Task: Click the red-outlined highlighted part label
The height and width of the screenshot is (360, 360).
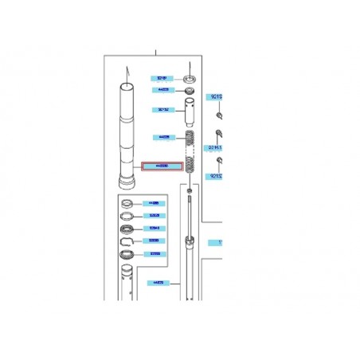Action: click(x=162, y=167)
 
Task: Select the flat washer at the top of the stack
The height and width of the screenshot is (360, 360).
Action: click(x=190, y=79)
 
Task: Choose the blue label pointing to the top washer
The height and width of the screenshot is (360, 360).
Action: click(x=162, y=78)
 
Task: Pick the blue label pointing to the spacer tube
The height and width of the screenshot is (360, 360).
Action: click(x=162, y=110)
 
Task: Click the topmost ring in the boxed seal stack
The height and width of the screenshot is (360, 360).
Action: click(x=127, y=204)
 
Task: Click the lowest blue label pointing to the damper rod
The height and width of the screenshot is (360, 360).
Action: click(x=158, y=283)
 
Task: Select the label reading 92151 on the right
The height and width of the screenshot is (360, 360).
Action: click(x=216, y=147)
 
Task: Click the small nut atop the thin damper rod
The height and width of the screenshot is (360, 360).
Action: click(x=190, y=193)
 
